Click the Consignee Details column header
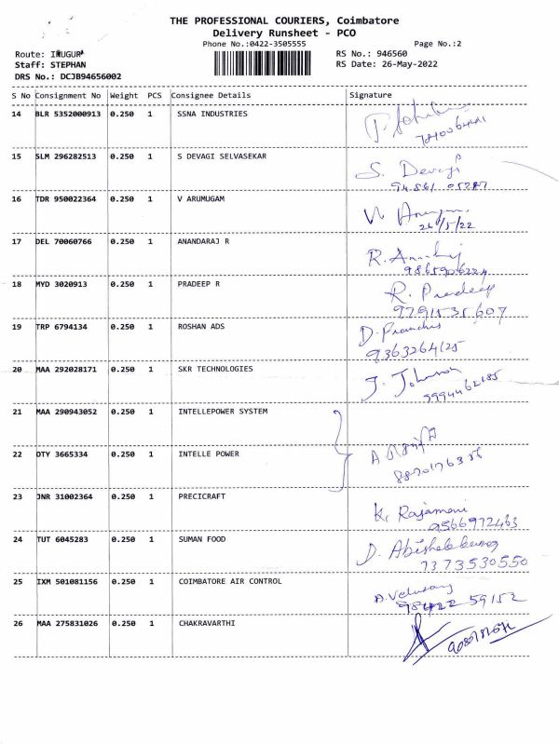(211, 95)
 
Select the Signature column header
(370, 95)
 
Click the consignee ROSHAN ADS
(202, 327)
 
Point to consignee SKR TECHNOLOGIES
(215, 369)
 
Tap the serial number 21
(17, 412)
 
